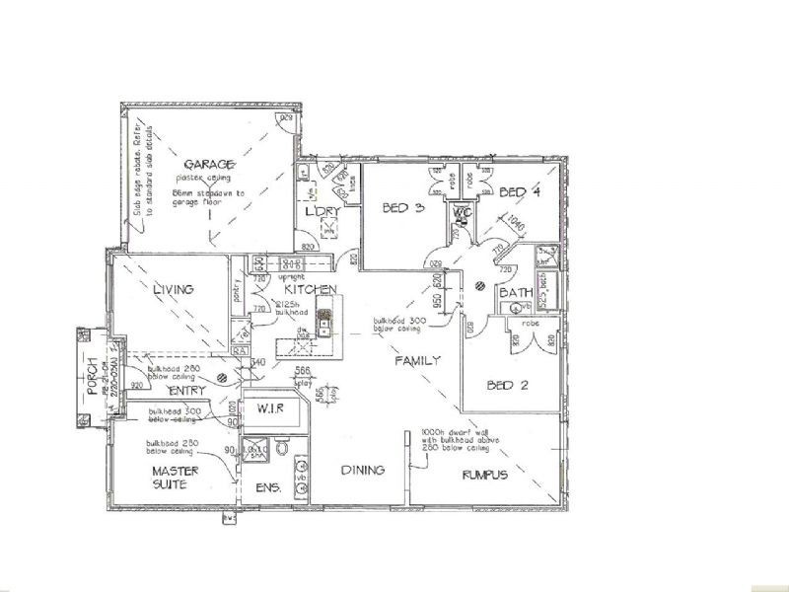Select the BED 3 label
coord(402,207)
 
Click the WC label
coord(461,211)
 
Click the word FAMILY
coord(417,361)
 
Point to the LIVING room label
coord(172,289)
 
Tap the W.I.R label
coord(270,407)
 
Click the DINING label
coord(362,471)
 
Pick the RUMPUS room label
coord(484,475)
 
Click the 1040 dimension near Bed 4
coord(517,227)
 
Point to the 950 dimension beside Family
coord(437,298)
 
